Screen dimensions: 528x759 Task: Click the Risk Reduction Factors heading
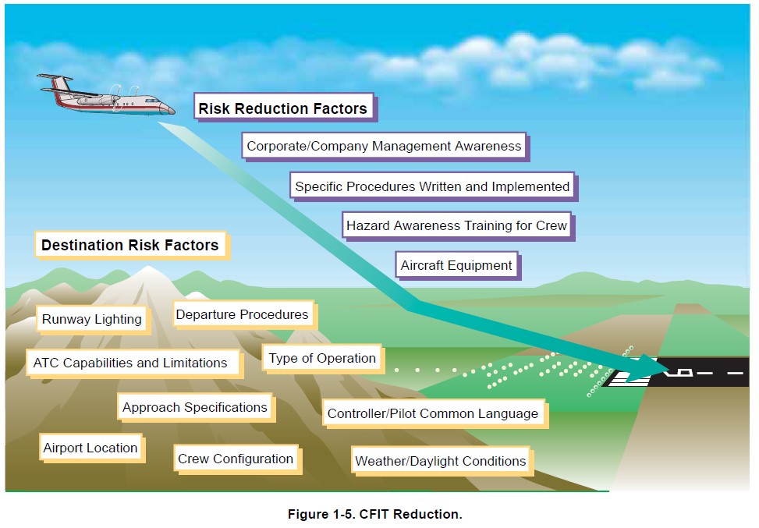(x=282, y=108)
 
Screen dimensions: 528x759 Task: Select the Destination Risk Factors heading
(x=129, y=245)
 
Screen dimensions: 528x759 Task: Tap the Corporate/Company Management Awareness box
(x=384, y=146)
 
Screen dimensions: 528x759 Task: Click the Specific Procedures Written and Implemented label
(x=432, y=186)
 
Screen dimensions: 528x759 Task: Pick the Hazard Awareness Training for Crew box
(x=456, y=225)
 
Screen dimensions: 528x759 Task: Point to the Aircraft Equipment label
(x=456, y=265)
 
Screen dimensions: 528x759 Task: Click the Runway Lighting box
(x=92, y=319)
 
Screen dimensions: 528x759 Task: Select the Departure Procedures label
(x=242, y=314)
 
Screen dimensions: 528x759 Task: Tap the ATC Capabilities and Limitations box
(x=130, y=363)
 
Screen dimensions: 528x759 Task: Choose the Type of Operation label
(x=322, y=358)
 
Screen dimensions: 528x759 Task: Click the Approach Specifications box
(x=195, y=407)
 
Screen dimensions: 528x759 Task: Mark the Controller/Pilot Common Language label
(x=432, y=413)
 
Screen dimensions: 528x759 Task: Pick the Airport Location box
(x=90, y=448)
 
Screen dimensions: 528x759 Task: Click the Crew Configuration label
(x=236, y=459)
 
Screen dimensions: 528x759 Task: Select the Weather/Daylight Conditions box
(x=440, y=461)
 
